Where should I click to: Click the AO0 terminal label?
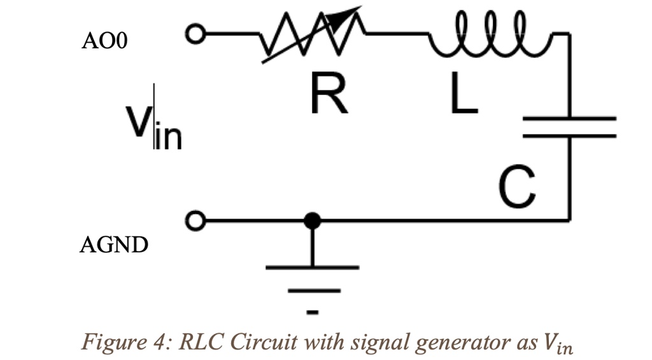[105, 41]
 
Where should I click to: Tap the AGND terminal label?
[113, 245]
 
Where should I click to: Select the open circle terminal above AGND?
[194, 220]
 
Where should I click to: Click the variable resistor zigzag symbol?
[312, 35]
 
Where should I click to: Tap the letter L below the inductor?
[463, 94]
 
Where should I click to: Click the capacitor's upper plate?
[569, 119]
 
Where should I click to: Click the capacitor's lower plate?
[569, 135]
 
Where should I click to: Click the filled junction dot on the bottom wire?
[311, 221]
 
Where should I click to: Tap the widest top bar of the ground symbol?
[312, 267]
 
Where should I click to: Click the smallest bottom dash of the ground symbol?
[312, 312]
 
